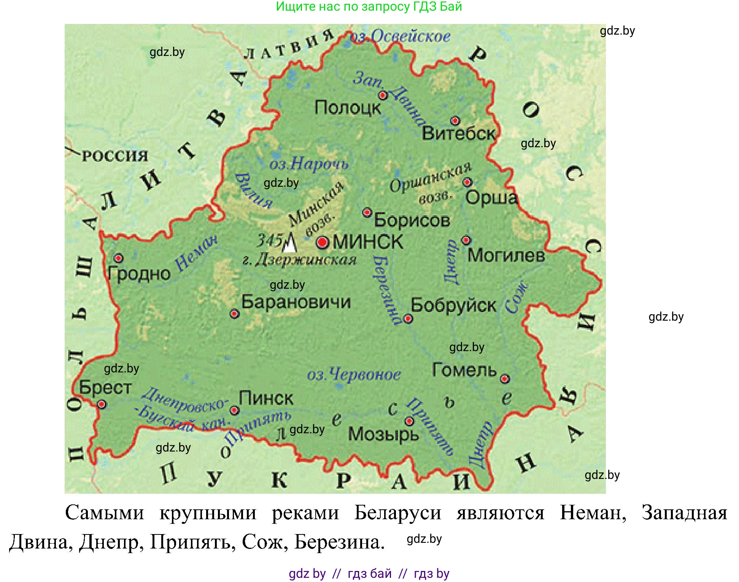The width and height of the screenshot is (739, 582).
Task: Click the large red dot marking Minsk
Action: click(x=322, y=242)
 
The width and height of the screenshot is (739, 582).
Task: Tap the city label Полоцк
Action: click(x=348, y=108)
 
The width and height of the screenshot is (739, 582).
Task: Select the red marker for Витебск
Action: click(x=455, y=121)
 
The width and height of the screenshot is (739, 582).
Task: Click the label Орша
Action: click(x=491, y=198)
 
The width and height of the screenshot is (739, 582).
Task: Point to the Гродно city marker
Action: click(x=119, y=258)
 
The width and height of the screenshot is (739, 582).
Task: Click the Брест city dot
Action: click(x=102, y=404)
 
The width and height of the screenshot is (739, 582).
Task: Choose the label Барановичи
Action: click(x=296, y=302)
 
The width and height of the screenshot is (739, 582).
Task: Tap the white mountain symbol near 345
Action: click(x=290, y=244)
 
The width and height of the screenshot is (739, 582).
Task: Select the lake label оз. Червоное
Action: click(x=354, y=375)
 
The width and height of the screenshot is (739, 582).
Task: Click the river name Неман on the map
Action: click(x=196, y=253)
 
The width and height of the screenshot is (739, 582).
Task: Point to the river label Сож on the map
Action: click(x=517, y=297)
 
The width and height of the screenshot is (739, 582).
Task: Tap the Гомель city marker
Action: click(x=505, y=378)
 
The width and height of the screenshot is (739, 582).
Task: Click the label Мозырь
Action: click(x=383, y=434)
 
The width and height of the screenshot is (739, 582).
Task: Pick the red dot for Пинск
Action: click(x=235, y=410)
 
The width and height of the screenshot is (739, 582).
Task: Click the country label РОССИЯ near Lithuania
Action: click(x=115, y=156)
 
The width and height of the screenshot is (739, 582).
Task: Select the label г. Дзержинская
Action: click(x=300, y=261)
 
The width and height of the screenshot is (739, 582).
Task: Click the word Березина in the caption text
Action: click(x=339, y=542)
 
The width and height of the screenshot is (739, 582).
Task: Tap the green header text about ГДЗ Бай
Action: click(x=369, y=6)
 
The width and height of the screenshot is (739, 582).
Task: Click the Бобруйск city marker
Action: click(x=408, y=318)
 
